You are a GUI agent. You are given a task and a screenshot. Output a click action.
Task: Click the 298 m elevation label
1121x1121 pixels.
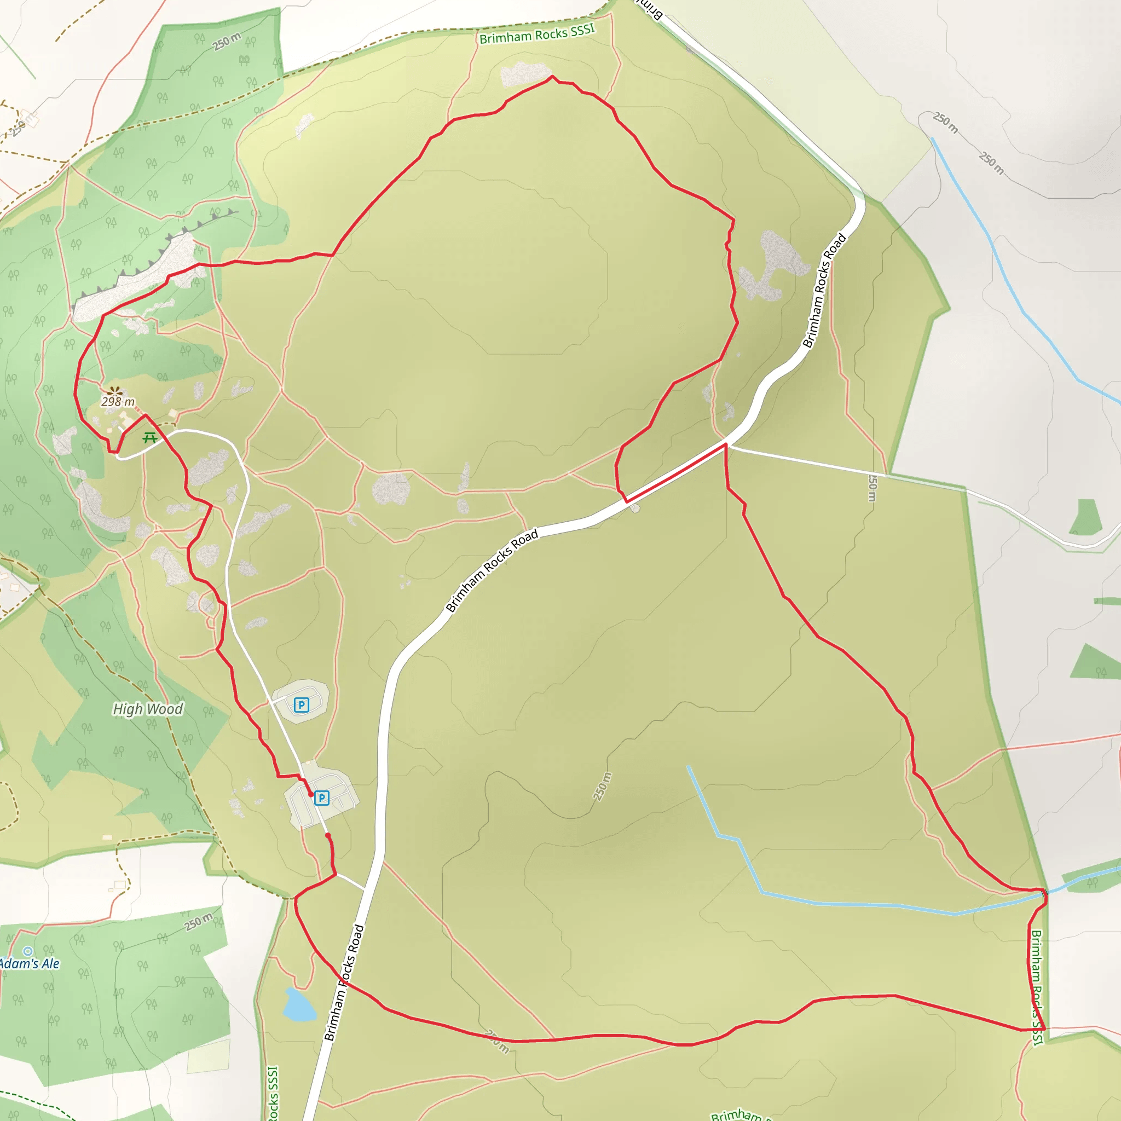pos(118,402)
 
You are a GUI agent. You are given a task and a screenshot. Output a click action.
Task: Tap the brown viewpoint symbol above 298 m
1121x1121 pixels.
pos(115,391)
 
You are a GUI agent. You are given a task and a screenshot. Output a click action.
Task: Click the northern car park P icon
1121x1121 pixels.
pos(301,705)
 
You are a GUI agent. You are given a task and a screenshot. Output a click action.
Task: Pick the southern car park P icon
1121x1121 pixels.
pos(321,799)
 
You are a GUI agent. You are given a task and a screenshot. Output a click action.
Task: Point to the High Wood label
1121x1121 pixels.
pos(147,709)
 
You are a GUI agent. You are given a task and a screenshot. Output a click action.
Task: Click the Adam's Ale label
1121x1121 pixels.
pos(29,964)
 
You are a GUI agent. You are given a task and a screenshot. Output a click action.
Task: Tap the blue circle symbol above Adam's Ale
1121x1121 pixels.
pos(28,951)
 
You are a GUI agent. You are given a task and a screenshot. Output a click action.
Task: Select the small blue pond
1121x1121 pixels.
pos(298,1005)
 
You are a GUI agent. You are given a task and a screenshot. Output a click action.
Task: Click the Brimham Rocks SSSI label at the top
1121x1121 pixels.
pos(537,34)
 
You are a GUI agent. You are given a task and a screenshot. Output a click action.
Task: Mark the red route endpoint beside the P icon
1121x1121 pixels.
pos(310,794)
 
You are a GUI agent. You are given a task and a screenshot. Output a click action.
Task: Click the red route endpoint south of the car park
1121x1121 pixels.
pos(328,835)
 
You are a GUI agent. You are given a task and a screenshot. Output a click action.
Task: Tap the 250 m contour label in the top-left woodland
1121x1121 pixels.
pos(226,41)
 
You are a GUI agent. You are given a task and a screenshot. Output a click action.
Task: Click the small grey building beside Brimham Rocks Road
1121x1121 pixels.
pos(635,509)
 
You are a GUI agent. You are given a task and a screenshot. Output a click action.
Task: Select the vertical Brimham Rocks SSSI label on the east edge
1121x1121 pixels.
pos(1037,987)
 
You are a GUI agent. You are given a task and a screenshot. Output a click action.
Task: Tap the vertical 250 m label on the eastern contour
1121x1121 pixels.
pos(872,487)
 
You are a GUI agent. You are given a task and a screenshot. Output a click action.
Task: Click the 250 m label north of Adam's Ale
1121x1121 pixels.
pos(199,922)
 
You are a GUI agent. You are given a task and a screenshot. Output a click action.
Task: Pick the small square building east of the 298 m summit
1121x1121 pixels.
pos(173,413)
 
